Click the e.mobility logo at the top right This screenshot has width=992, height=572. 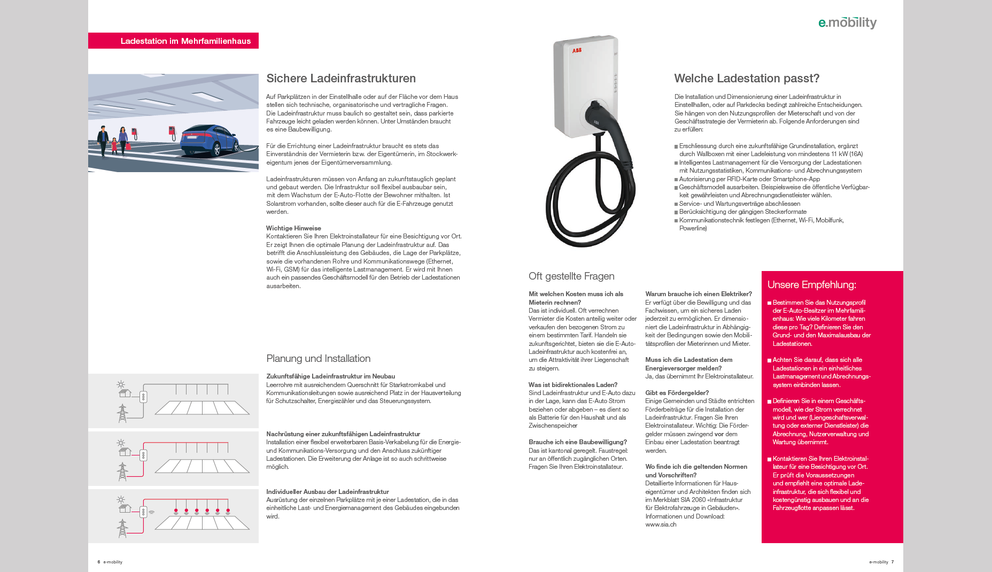(x=847, y=22)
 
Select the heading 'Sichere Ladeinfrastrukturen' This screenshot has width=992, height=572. (x=341, y=79)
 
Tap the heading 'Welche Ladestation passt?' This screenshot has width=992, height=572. (x=746, y=79)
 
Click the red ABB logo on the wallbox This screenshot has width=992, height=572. (x=577, y=51)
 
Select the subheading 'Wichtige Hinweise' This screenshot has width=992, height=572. (x=293, y=228)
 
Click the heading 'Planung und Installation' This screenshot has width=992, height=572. (x=318, y=359)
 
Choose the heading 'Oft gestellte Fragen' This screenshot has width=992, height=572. (x=571, y=276)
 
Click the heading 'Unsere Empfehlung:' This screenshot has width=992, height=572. (x=811, y=285)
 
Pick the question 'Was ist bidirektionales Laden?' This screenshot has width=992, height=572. (x=572, y=385)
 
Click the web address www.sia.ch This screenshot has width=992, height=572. (x=661, y=524)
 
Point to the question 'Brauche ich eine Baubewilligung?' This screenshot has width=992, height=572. (x=577, y=442)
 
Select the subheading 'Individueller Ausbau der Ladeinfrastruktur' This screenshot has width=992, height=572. (x=327, y=492)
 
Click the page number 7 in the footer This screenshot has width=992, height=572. (x=892, y=562)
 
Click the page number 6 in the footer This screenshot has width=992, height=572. (x=99, y=562)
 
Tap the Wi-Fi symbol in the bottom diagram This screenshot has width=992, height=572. (x=152, y=512)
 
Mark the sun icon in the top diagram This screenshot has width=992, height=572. (x=121, y=384)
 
